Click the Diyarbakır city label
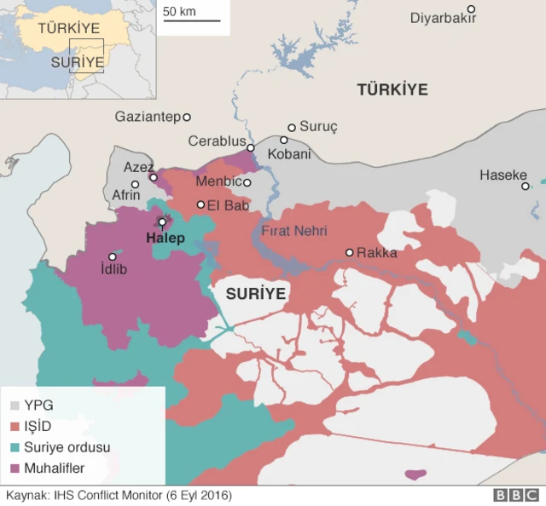(443, 19)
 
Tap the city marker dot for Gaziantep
(187, 117)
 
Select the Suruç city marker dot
(292, 127)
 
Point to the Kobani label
(289, 155)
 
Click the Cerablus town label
(217, 141)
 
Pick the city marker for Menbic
(247, 182)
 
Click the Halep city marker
(162, 222)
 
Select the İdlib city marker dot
(112, 256)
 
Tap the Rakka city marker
(349, 252)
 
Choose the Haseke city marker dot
(526, 186)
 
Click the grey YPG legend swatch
(15, 405)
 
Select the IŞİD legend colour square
(15, 426)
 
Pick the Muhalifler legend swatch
(15, 468)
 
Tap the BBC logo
(512, 495)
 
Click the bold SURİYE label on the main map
(255, 294)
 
